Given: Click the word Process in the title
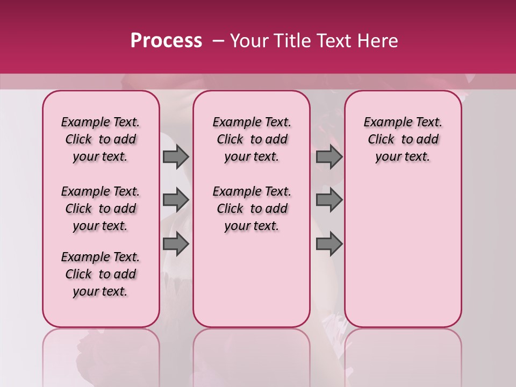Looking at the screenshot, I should [x=166, y=41].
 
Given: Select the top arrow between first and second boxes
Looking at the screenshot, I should [x=176, y=156].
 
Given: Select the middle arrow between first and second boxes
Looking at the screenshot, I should [x=176, y=200].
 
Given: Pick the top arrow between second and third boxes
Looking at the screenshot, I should [x=329, y=156].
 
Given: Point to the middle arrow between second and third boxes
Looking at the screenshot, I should [x=329, y=200].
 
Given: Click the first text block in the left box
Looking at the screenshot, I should [x=101, y=139].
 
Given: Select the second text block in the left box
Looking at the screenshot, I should [x=101, y=209].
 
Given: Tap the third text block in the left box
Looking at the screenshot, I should [x=101, y=274].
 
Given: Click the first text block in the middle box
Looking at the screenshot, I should [x=252, y=139].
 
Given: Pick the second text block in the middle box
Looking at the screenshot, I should [x=252, y=209].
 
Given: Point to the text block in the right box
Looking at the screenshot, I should [x=403, y=139].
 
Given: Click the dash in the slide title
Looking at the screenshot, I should [x=218, y=41].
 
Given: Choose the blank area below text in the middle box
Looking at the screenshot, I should [x=252, y=279].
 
